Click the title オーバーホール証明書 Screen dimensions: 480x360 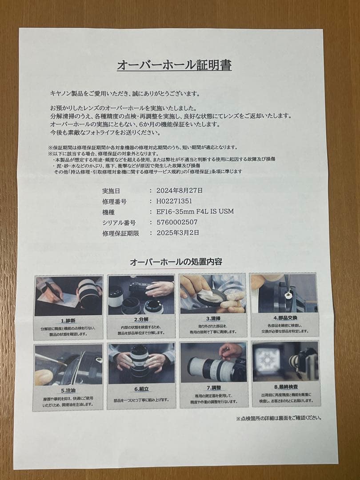pyautogui.click(x=174, y=65)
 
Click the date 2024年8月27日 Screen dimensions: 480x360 pyautogui.click(x=180, y=190)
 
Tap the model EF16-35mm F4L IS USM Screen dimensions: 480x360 pyautogui.click(x=195, y=211)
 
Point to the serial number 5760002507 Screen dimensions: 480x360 pyautogui.click(x=177, y=222)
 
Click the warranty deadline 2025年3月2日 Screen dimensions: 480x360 pyautogui.click(x=178, y=232)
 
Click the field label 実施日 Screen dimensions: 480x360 pyautogui.click(x=111, y=191)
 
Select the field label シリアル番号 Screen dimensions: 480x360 pyautogui.click(x=119, y=222)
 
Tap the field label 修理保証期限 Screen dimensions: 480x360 pyautogui.click(x=120, y=233)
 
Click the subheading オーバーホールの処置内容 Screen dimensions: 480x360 pyautogui.click(x=176, y=262)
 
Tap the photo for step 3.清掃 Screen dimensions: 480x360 pyautogui.click(x=213, y=294)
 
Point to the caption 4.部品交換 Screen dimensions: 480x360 pyautogui.click(x=285, y=317)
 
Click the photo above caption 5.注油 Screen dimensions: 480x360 pyautogui.click(x=69, y=364)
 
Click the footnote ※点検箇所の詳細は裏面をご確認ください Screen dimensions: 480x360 pyautogui.click(x=279, y=418)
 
